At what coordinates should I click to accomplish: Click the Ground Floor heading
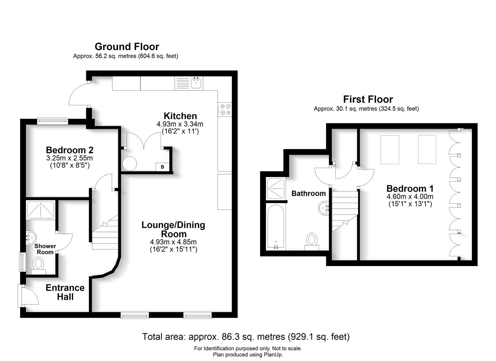coord(127,46)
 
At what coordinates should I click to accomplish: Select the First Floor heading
coord(368,99)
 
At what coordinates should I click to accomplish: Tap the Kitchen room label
coord(180,116)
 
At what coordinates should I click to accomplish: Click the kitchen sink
coord(196,83)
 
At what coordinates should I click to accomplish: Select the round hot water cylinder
coord(129,164)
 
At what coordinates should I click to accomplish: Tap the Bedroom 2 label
coord(69,150)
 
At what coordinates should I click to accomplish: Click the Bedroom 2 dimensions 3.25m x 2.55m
coord(69,158)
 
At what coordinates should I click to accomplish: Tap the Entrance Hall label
coord(65,292)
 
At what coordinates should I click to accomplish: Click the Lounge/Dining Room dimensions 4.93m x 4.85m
coord(173,242)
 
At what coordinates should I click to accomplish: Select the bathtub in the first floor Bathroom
coord(276,227)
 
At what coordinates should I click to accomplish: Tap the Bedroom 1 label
coord(410,188)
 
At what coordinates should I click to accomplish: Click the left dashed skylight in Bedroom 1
coord(389,149)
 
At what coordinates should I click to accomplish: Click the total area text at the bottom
coord(246,337)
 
